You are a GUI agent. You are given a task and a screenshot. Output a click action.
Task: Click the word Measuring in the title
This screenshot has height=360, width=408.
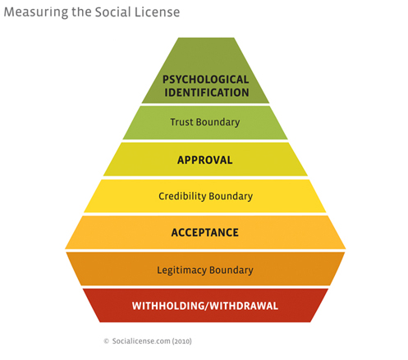point(36,13)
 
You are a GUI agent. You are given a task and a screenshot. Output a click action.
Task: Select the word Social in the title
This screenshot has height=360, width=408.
point(112,12)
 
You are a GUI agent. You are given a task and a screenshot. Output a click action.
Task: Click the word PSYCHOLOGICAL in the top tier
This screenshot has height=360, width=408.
point(206,80)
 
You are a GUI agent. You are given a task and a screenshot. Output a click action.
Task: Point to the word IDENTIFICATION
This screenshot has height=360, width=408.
point(207,93)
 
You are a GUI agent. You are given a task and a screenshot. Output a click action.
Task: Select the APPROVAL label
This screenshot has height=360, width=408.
point(205,160)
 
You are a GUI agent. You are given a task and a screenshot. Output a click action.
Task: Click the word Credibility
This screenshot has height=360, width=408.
point(182,196)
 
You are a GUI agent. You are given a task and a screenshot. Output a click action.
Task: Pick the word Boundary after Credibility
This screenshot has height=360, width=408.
point(231,197)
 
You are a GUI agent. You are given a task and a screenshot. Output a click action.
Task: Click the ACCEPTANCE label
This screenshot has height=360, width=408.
point(205,233)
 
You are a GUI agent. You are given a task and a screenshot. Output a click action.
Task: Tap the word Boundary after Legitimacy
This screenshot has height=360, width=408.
point(232,271)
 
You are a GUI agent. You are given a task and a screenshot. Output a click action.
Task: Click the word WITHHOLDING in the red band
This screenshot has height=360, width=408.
point(168,306)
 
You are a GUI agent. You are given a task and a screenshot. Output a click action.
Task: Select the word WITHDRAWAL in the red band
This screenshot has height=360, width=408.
point(244,306)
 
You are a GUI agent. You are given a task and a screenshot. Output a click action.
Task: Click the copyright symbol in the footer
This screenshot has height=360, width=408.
point(107,341)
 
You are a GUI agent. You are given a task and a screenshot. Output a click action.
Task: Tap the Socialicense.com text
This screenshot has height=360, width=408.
point(141,341)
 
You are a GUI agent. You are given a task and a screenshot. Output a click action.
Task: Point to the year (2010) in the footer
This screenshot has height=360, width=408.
point(181,341)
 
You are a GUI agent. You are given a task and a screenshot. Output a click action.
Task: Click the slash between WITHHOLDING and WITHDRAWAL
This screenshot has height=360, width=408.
point(207,306)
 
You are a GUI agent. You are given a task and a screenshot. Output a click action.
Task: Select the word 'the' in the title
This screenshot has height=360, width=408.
point(81,12)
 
